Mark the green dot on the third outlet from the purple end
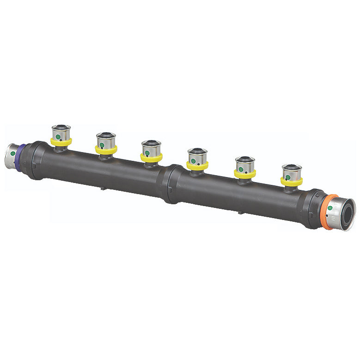147,153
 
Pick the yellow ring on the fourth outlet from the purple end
197,165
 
